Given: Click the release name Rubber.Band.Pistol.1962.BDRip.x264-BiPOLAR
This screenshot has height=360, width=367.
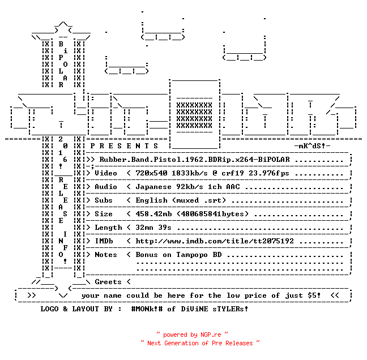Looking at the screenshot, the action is [194, 160].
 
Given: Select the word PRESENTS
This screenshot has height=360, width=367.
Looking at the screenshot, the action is [124, 146].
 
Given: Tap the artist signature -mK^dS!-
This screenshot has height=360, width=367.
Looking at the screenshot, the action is [313, 146].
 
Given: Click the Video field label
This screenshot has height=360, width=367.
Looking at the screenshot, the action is [106, 173].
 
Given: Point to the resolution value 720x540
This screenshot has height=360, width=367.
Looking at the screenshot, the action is [151, 173].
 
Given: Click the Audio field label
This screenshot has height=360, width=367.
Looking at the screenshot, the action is [106, 187].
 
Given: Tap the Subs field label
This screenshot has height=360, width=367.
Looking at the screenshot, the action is [104, 200].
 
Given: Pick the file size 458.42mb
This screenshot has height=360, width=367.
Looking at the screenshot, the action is [153, 214].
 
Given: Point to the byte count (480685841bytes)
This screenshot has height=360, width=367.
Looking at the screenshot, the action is [213, 214].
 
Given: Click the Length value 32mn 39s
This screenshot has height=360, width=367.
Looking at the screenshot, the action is [153, 228].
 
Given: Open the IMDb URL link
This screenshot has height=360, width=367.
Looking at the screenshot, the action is [215, 241].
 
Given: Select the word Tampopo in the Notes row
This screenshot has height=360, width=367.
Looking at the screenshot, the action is [191, 255].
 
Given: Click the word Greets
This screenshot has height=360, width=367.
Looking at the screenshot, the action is [108, 282].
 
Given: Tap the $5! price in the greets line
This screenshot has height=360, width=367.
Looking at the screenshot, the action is [314, 295].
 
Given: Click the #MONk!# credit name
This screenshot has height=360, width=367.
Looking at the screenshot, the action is [147, 309].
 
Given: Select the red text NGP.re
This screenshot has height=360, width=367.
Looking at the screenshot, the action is [211, 335].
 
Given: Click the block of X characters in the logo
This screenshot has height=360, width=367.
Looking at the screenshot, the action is [194, 115].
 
